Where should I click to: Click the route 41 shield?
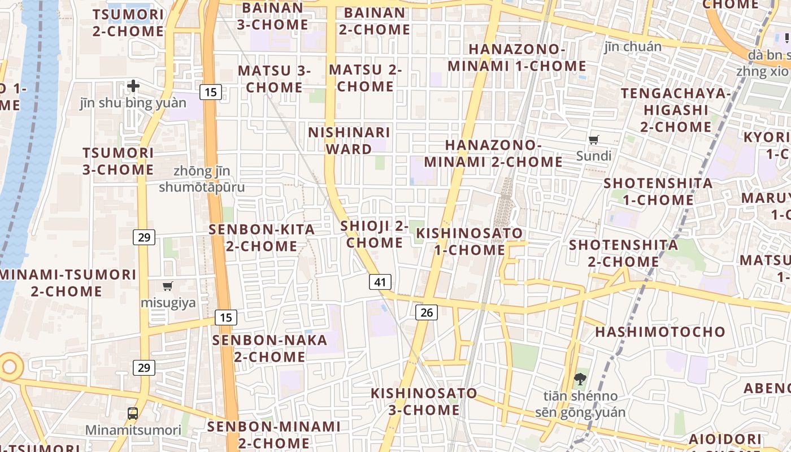pyautogui.click(x=380, y=281)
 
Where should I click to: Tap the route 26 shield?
pyautogui.click(x=427, y=312)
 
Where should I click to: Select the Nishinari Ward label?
pyautogui.click(x=349, y=141)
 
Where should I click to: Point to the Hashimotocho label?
pyautogui.click(x=660, y=332)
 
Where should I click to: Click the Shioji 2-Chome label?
pyautogui.click(x=375, y=234)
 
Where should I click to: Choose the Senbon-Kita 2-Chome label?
pyautogui.click(x=262, y=238)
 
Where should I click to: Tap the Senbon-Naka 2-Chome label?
pyautogui.click(x=270, y=349)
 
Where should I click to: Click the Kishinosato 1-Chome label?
pyautogui.click(x=470, y=241)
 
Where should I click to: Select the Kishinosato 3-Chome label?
pyautogui.click(x=424, y=401)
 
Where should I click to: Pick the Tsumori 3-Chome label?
pyautogui.click(x=118, y=161)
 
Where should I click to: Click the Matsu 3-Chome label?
pyautogui.click(x=275, y=79)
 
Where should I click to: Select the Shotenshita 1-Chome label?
pyautogui.click(x=658, y=192)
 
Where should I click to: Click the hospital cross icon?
pyautogui.click(x=133, y=86)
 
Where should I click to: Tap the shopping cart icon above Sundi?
pyautogui.click(x=593, y=140)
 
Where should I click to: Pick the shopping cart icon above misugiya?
pyautogui.click(x=167, y=286)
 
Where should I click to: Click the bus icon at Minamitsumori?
pyautogui.click(x=133, y=414)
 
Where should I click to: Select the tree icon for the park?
pyautogui.click(x=580, y=379)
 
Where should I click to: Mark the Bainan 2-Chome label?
pyautogui.click(x=375, y=21)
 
